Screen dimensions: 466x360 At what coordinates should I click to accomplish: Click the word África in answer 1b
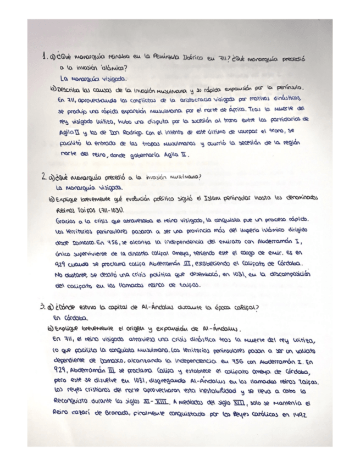tap(255, 110)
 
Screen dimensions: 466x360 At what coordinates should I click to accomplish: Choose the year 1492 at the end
tap(297, 414)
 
